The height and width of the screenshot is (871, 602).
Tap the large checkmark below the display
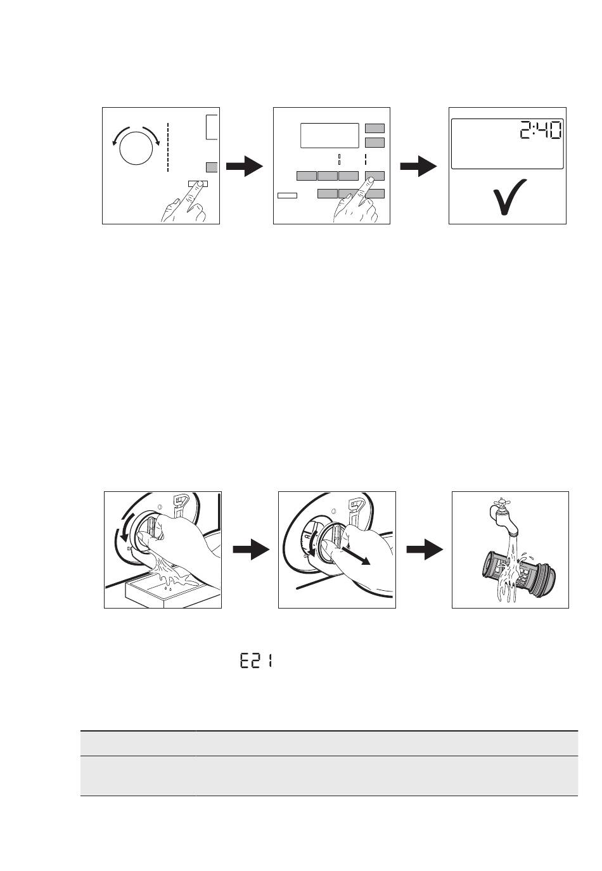tap(509, 196)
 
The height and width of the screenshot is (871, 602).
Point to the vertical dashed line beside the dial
tap(168, 146)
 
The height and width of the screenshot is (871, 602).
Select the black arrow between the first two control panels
tap(245, 167)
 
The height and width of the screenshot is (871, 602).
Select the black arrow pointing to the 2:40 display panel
tap(419, 167)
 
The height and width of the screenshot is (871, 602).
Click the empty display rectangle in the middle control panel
tap(330, 135)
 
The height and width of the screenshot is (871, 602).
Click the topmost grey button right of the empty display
tap(375, 128)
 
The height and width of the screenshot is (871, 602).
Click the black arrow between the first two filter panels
tap(251, 550)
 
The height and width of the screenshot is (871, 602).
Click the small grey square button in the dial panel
tap(212, 167)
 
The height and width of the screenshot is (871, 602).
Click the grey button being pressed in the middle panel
tap(375, 176)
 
